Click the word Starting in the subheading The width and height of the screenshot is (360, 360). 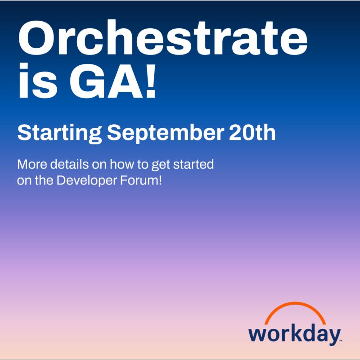click(59, 133)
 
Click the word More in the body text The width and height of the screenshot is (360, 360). click(31, 163)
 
